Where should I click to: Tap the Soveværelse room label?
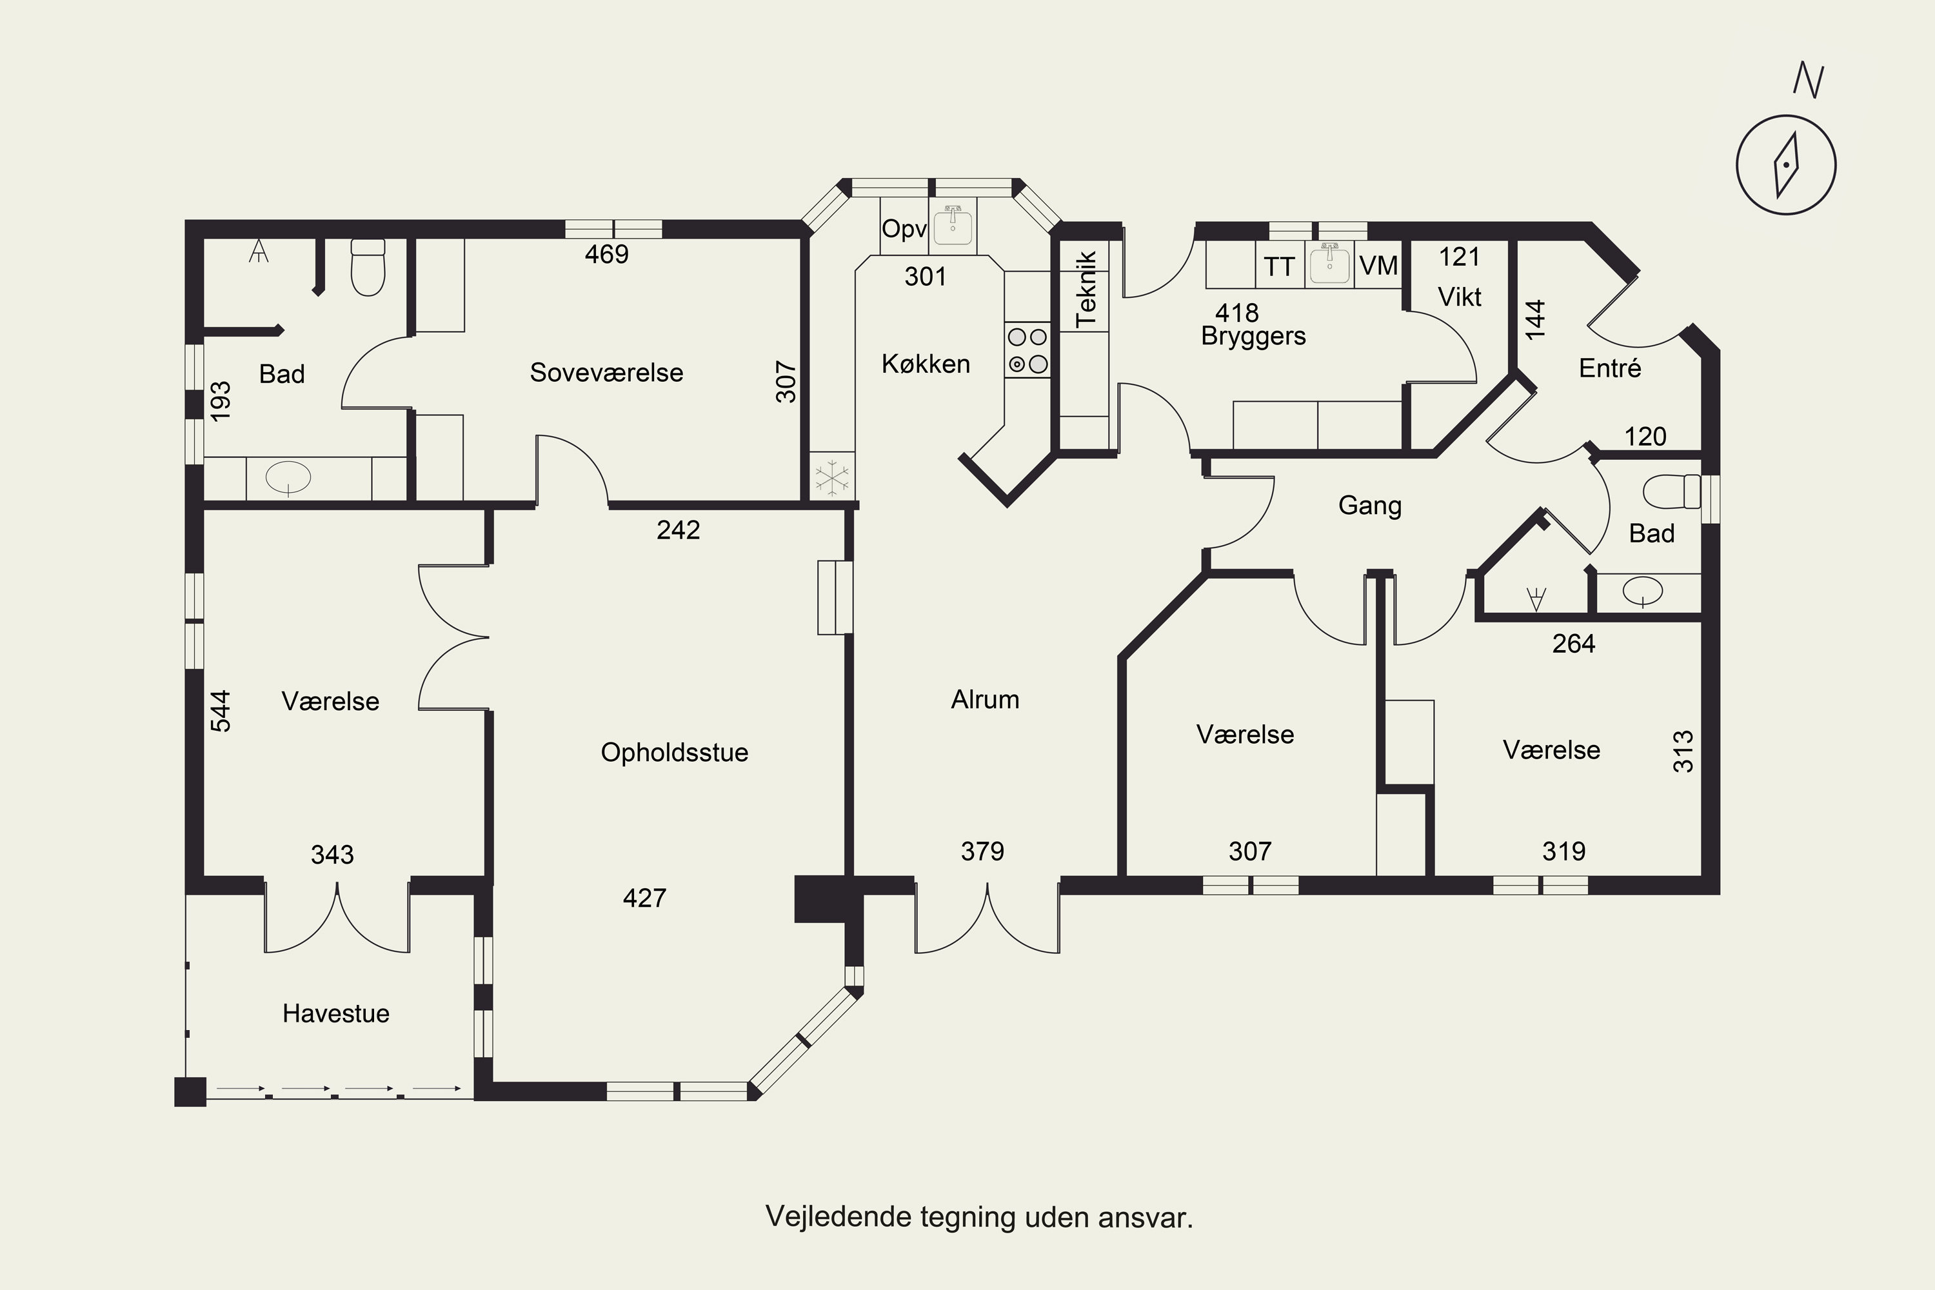(x=606, y=373)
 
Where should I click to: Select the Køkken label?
(x=926, y=364)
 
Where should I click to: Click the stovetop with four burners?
(x=1027, y=350)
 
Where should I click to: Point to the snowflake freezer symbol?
(x=832, y=477)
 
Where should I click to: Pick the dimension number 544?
(x=221, y=711)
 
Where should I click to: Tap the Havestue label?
(x=335, y=1013)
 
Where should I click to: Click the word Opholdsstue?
(x=675, y=753)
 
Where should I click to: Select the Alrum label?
(x=985, y=699)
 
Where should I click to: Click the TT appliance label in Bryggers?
(x=1279, y=266)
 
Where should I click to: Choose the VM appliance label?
(x=1378, y=266)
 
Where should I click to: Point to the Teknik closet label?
(x=1086, y=289)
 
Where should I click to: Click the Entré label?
(x=1610, y=368)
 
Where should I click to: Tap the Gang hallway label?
(x=1370, y=505)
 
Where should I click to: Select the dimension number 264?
(x=1573, y=643)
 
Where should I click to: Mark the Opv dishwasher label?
(x=904, y=229)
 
